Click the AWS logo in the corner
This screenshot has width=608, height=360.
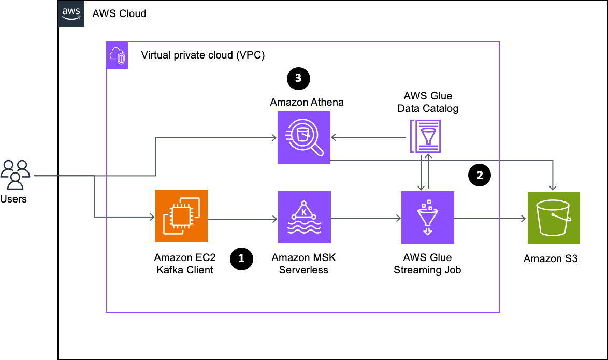71,13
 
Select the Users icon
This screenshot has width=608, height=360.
16,175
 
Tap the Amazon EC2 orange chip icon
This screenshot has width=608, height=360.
181,216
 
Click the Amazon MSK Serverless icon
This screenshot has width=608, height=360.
305,217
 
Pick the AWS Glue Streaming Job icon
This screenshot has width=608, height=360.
428,218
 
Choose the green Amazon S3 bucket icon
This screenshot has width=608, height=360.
554,218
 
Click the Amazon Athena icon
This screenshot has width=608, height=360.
304,137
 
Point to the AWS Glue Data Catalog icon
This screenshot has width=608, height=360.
426,136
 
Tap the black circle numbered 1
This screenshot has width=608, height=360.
241,259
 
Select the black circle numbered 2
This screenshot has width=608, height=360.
480,175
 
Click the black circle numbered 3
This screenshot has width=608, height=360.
299,79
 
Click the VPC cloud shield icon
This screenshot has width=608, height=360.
117,55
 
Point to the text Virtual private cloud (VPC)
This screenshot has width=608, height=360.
203,55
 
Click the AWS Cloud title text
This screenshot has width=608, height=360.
120,13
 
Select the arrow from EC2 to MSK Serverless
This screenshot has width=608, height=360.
243,219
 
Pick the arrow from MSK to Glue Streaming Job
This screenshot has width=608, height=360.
366,219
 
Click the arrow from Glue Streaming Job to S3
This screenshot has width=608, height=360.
490,219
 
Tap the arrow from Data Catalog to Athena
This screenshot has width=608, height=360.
369,137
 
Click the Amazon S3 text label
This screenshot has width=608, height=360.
551,259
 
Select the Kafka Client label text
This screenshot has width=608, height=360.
185,270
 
